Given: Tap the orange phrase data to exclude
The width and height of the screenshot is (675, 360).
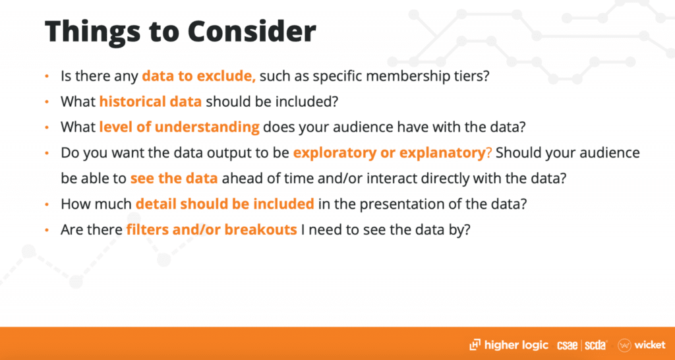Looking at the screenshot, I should click(x=199, y=76).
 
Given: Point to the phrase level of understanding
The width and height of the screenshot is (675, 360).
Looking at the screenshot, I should click(x=179, y=127).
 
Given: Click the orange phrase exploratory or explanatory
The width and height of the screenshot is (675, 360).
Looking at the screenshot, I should click(x=389, y=153).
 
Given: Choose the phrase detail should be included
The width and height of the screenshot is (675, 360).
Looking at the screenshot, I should click(x=225, y=204).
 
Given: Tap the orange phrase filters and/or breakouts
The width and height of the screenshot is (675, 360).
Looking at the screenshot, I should click(x=211, y=229).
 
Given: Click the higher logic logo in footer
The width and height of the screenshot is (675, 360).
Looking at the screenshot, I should click(x=508, y=344).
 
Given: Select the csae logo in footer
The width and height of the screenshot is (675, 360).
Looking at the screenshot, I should click(x=568, y=345).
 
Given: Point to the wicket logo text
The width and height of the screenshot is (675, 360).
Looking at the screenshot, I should click(x=651, y=345).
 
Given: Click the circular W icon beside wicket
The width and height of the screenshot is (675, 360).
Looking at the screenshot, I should click(x=625, y=345).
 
